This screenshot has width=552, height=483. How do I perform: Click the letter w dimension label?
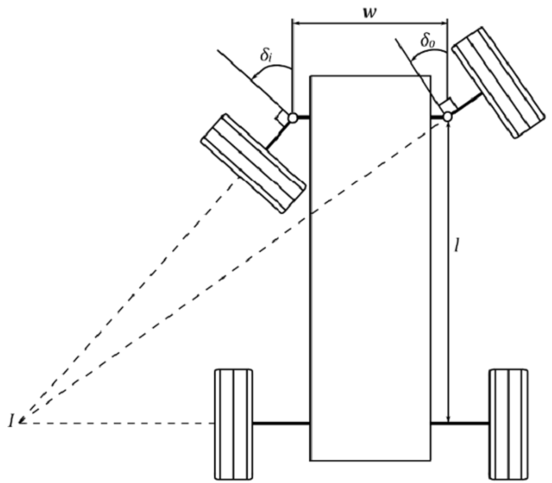[x=370, y=13]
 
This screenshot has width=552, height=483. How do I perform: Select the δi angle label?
[x=267, y=55]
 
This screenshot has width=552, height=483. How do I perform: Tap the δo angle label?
[x=428, y=41]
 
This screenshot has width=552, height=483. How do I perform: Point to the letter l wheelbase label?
[x=457, y=246]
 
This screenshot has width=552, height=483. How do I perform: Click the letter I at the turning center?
[x=12, y=421]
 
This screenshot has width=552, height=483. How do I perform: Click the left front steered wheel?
[x=253, y=164]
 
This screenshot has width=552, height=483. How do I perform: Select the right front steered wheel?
[x=499, y=82]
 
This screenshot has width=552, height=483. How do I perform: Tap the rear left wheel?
[x=234, y=424]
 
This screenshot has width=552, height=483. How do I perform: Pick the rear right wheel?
[x=509, y=424]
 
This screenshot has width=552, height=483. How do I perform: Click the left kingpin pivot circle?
[x=292, y=118]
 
